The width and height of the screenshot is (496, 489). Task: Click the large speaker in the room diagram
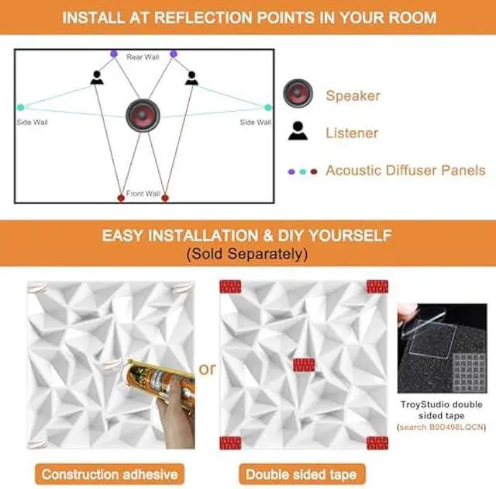click(143, 116)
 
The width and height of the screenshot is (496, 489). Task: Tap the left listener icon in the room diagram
click(96, 78)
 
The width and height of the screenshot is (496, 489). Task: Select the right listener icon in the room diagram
click(191, 78)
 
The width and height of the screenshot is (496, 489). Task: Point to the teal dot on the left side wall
click(21, 107)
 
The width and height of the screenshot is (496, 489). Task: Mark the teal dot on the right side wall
click(268, 107)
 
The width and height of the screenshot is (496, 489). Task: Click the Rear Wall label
click(143, 57)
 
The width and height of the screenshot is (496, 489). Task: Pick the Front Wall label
click(143, 193)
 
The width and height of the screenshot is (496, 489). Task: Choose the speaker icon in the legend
click(298, 94)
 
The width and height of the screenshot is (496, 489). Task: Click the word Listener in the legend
click(352, 133)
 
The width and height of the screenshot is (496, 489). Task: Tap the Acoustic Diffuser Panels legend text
click(405, 170)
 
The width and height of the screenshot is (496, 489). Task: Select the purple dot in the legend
click(291, 170)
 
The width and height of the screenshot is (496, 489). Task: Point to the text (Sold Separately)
click(247, 254)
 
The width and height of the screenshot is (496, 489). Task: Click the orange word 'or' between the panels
click(207, 369)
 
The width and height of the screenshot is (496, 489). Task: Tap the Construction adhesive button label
click(109, 473)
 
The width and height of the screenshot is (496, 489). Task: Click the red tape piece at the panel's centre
click(304, 365)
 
